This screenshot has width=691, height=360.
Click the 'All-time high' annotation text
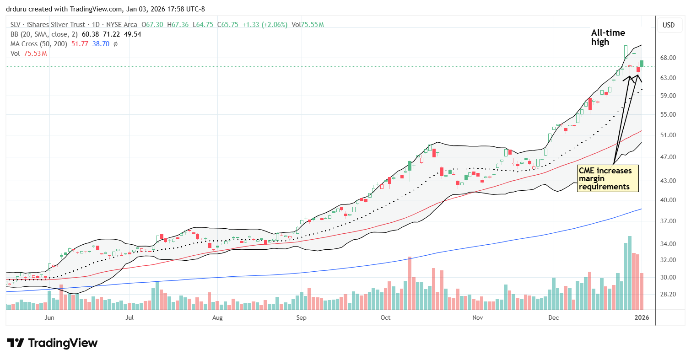point(608,37)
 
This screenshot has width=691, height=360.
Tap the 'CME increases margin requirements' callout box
point(608,178)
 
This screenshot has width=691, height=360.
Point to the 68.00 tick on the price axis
point(669,58)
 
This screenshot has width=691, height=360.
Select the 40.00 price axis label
point(669,200)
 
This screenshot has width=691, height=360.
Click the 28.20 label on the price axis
point(669,294)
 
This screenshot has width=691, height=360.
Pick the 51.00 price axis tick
point(669,135)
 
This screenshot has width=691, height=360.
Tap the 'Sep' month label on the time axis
point(301,317)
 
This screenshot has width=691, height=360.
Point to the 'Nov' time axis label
point(477,317)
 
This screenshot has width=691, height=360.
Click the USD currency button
point(669,25)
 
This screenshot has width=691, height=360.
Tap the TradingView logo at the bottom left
point(52,343)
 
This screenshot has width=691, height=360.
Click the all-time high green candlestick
point(626,51)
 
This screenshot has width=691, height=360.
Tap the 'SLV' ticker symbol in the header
point(16,25)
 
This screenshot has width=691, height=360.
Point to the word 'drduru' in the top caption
point(16,8)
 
